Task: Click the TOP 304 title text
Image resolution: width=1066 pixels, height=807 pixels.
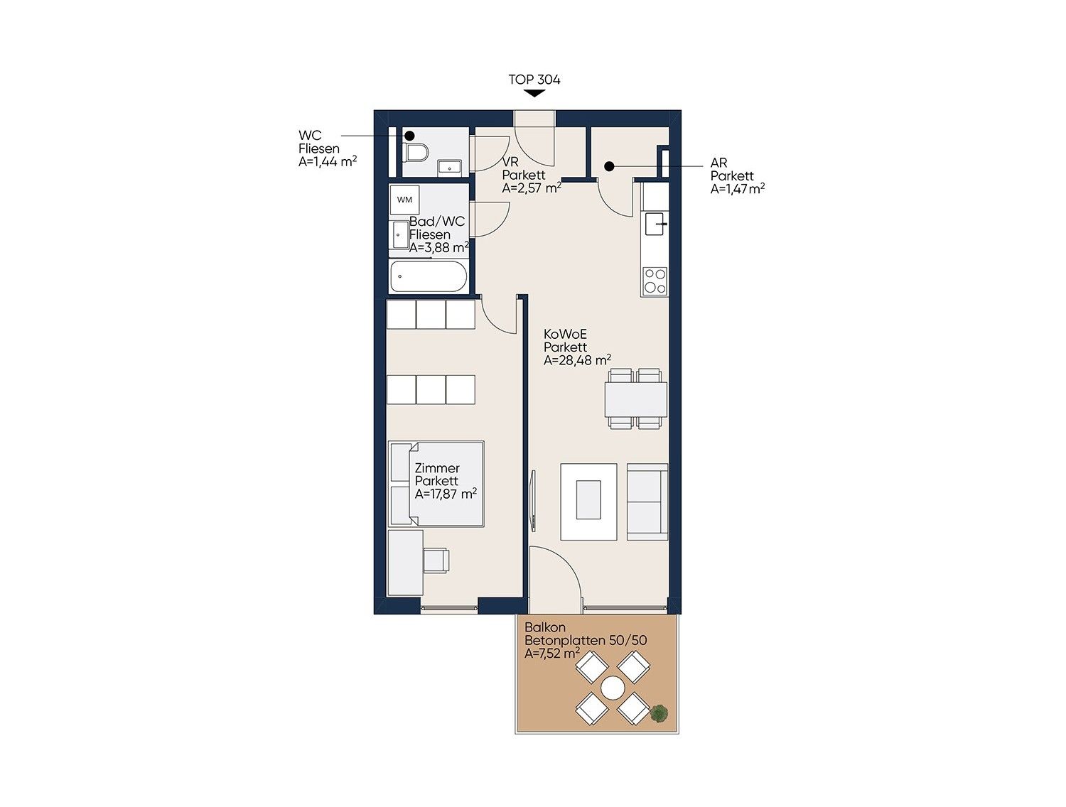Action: pyautogui.click(x=534, y=80)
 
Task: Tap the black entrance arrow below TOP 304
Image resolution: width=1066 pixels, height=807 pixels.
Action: pyautogui.click(x=534, y=94)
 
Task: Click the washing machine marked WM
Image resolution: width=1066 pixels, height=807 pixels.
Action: pyautogui.click(x=404, y=200)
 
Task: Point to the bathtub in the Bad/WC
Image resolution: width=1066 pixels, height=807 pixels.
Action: pyautogui.click(x=429, y=276)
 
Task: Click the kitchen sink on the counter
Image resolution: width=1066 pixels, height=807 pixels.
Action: pyautogui.click(x=655, y=224)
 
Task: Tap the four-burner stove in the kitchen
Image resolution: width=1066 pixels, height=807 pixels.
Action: pyautogui.click(x=655, y=281)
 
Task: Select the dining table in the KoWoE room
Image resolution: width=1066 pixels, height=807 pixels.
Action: pyautogui.click(x=635, y=399)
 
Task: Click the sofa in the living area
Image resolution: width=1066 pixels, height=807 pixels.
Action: pyautogui.click(x=647, y=502)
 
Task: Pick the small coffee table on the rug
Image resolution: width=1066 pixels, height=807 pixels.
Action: pyautogui.click(x=588, y=499)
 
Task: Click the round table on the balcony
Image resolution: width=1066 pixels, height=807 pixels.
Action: pyautogui.click(x=613, y=688)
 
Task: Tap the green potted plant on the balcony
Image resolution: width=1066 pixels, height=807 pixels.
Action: pyautogui.click(x=659, y=713)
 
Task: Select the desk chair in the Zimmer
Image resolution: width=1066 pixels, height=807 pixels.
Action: pyautogui.click(x=436, y=560)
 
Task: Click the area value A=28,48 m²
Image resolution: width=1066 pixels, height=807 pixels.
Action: pyautogui.click(x=577, y=360)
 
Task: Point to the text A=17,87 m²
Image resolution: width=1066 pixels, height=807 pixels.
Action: pyautogui.click(x=446, y=494)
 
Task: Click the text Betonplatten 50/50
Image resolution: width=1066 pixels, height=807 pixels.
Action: pyautogui.click(x=586, y=640)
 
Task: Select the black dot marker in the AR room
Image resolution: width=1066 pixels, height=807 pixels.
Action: pyautogui.click(x=610, y=166)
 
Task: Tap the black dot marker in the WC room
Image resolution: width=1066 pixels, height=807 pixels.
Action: pyautogui.click(x=410, y=136)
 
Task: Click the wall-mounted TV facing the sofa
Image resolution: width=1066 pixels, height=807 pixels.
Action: pyautogui.click(x=533, y=500)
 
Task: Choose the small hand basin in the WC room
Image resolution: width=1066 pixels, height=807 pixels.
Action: pyautogui.click(x=449, y=168)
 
